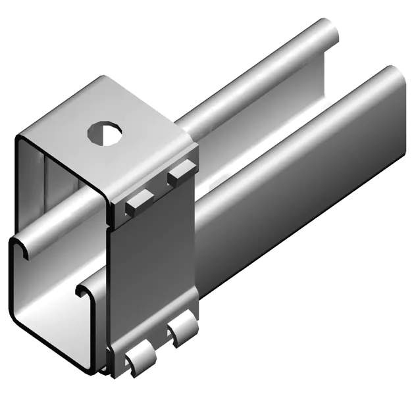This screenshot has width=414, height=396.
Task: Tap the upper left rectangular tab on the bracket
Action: tap(140, 201)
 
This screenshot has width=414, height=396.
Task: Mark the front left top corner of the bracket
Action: tap(20, 139)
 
